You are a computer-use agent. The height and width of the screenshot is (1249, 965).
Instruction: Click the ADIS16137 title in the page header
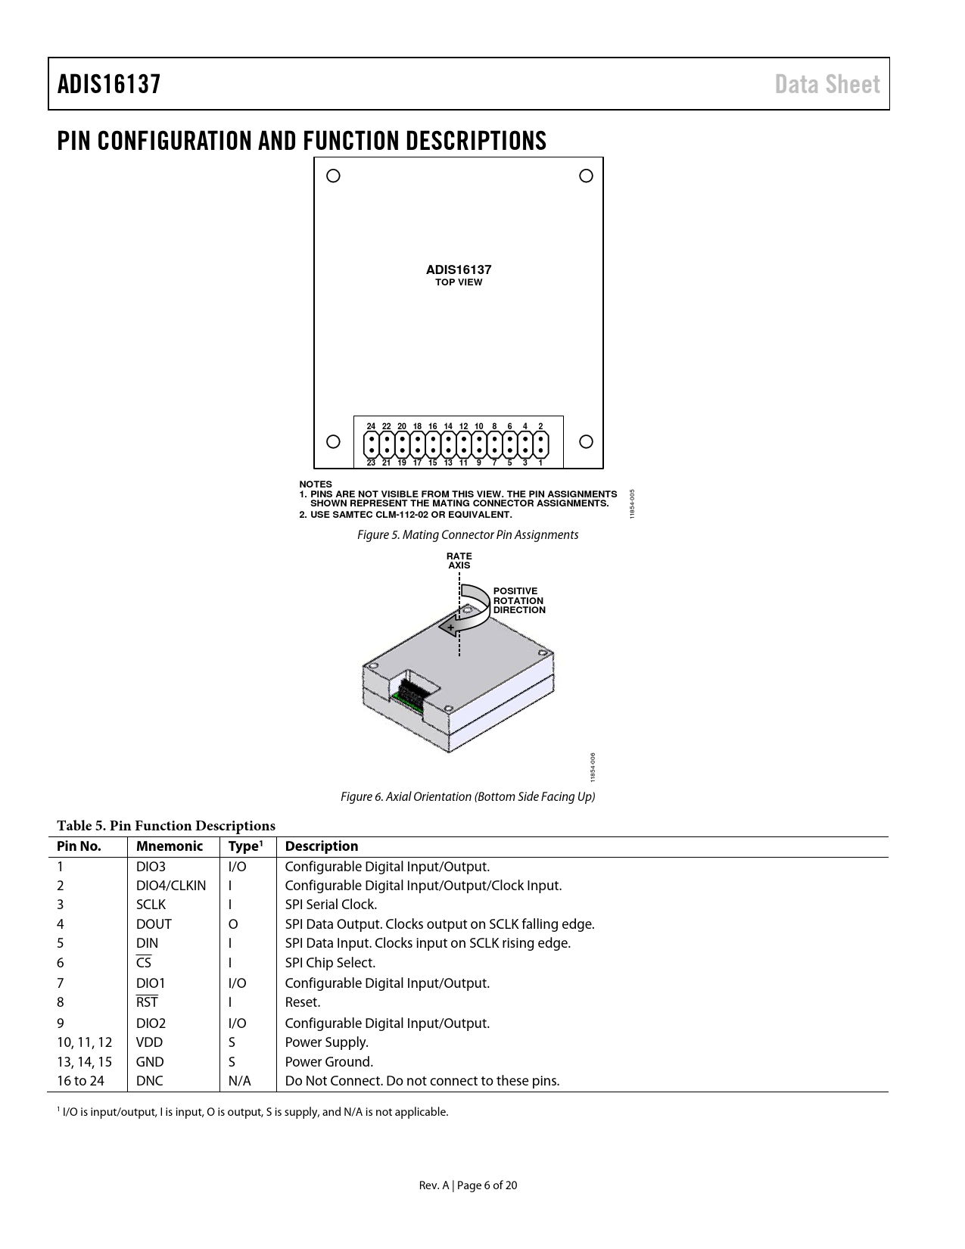point(109,84)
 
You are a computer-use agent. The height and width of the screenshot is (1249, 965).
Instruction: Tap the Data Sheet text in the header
point(827,84)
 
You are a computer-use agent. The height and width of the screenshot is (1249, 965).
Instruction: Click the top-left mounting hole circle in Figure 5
point(333,176)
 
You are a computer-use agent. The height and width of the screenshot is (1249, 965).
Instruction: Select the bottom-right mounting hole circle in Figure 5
point(586,441)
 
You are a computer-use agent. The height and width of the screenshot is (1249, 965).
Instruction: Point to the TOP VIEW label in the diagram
point(459,282)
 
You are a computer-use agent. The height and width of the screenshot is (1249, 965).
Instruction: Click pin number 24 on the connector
point(371,426)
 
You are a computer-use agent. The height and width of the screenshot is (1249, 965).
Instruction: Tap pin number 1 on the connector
point(540,463)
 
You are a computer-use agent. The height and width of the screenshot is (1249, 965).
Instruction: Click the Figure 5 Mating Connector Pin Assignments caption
point(468,535)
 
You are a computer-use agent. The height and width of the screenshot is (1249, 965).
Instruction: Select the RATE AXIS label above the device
point(459,561)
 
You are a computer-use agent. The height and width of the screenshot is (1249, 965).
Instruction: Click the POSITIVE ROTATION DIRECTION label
point(519,600)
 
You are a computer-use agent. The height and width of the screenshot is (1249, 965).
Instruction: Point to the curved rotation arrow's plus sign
point(450,628)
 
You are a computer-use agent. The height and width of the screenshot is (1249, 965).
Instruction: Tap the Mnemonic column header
point(170,846)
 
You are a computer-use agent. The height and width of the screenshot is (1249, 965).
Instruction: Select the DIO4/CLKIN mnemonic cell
point(171,886)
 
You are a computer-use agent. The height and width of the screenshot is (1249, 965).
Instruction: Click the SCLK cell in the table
point(151,905)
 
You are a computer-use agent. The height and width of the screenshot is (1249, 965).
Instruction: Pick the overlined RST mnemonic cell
point(147,1002)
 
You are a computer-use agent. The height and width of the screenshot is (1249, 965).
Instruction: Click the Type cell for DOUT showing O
point(233,924)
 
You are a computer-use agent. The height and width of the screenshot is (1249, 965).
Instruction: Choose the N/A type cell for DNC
point(239,1081)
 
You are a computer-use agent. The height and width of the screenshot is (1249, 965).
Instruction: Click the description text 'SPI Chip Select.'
point(330,963)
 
